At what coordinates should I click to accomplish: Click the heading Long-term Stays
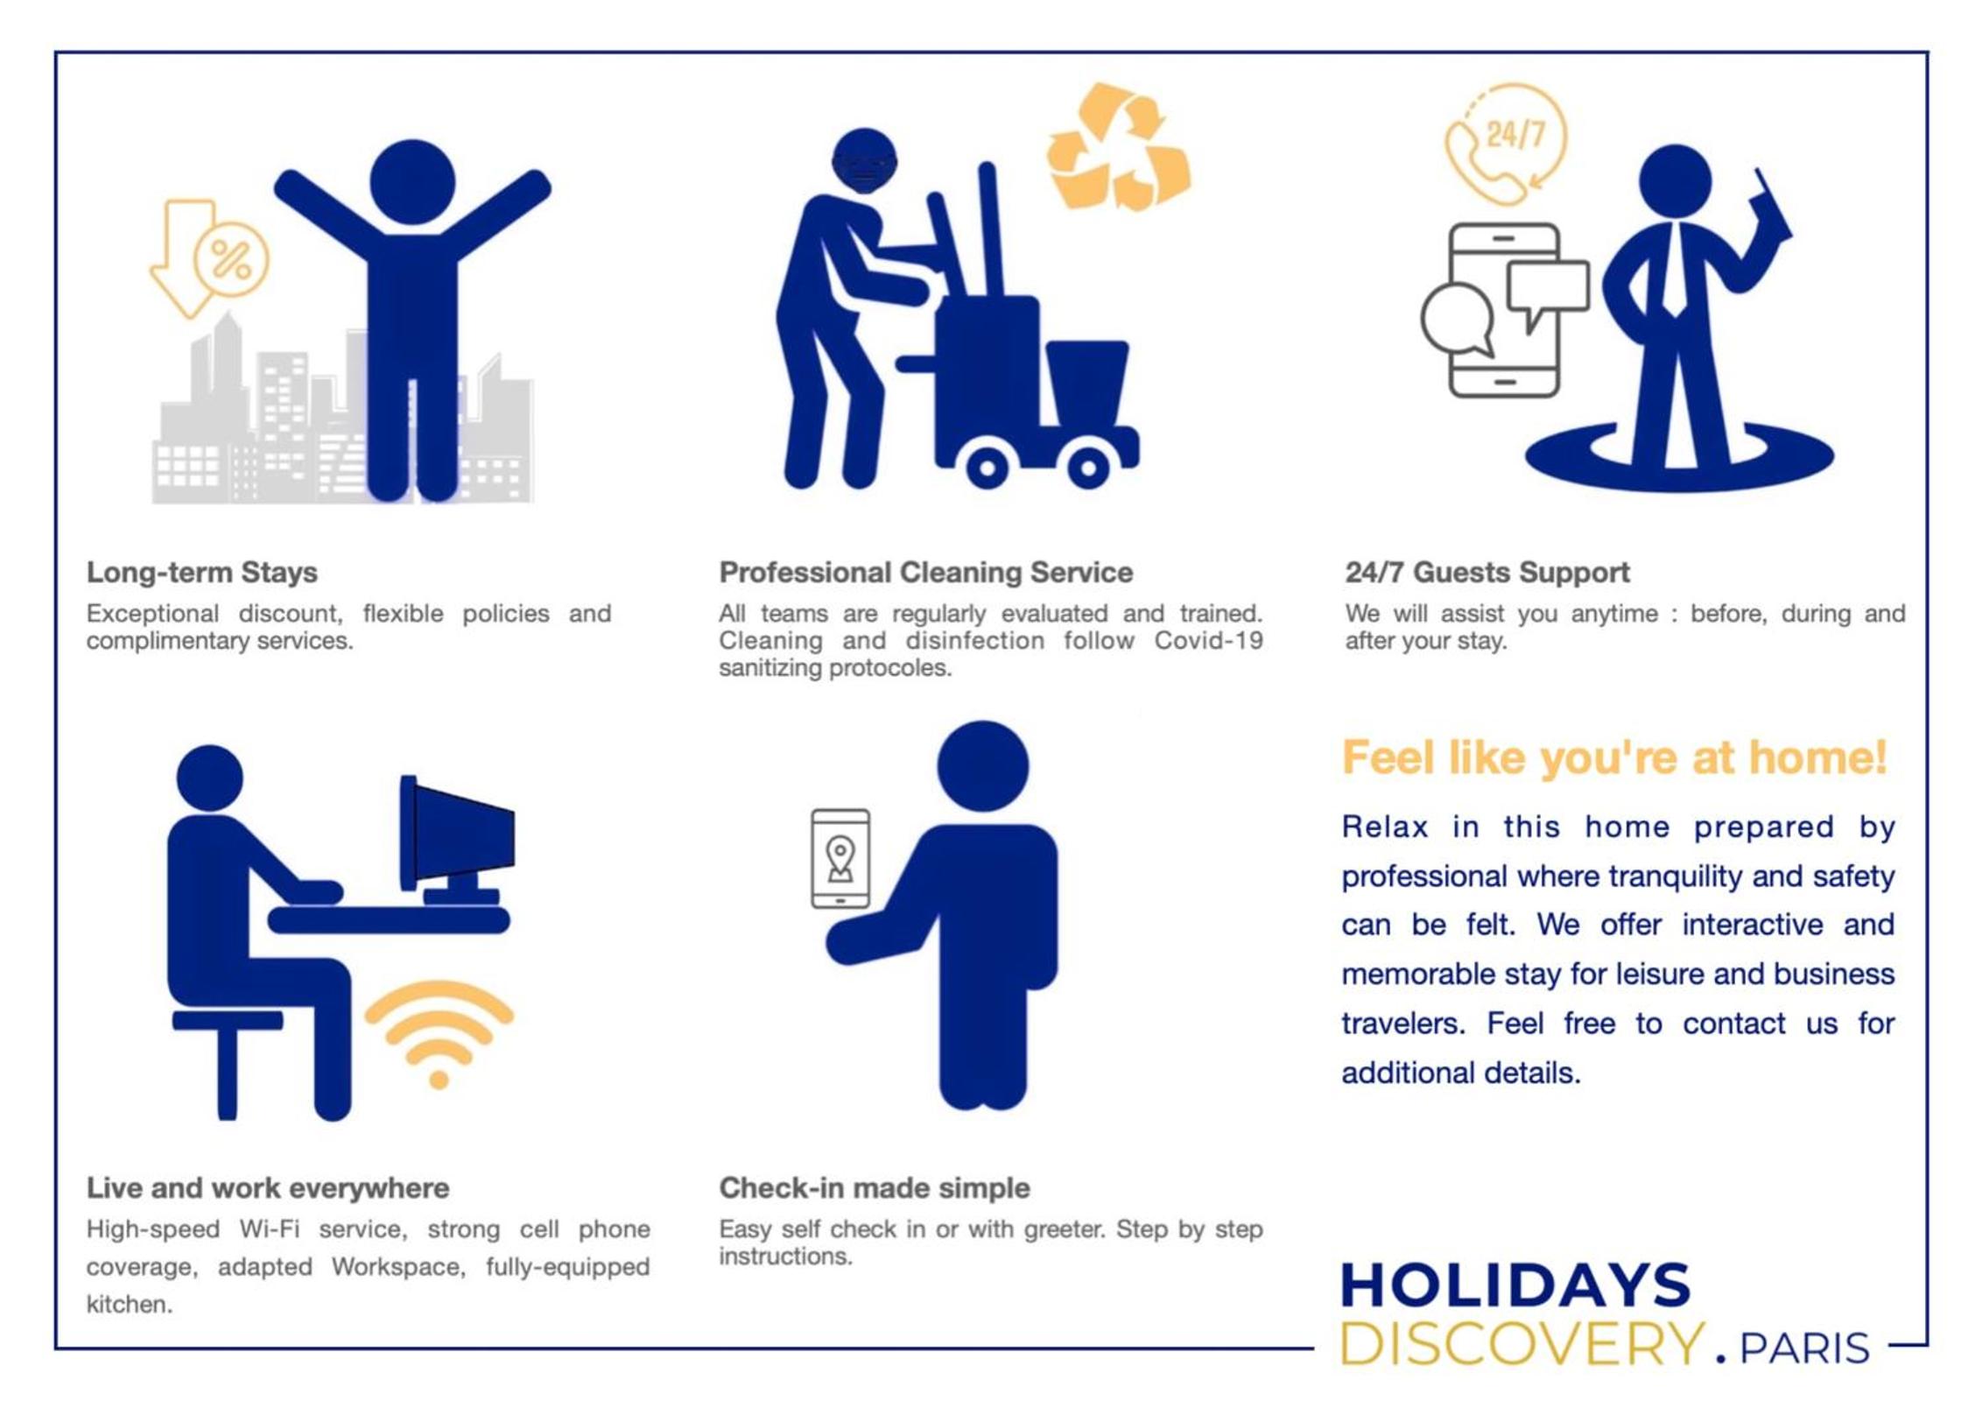pyautogui.click(x=201, y=572)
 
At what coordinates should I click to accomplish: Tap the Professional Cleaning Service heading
pyautogui.click(x=925, y=572)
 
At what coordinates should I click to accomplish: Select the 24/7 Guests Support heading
pyautogui.click(x=1486, y=572)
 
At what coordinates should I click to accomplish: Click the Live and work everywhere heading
pyautogui.click(x=267, y=1187)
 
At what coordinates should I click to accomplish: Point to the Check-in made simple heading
pyautogui.click(x=874, y=1187)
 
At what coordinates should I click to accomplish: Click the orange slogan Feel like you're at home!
pyautogui.click(x=1613, y=757)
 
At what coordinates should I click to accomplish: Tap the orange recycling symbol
pyautogui.click(x=1119, y=146)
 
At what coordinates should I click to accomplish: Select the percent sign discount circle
pyautogui.click(x=231, y=259)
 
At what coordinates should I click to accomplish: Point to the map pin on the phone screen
pyautogui.click(x=840, y=859)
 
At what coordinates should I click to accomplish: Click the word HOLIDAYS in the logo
pyautogui.click(x=1515, y=1285)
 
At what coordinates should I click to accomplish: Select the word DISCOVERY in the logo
pyautogui.click(x=1522, y=1343)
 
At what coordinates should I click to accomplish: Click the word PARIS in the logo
pyautogui.click(x=1804, y=1348)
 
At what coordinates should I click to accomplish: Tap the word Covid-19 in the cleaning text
pyautogui.click(x=1208, y=640)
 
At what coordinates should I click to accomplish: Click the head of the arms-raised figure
pyautogui.click(x=412, y=182)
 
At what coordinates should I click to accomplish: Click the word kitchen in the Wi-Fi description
pyautogui.click(x=129, y=1304)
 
